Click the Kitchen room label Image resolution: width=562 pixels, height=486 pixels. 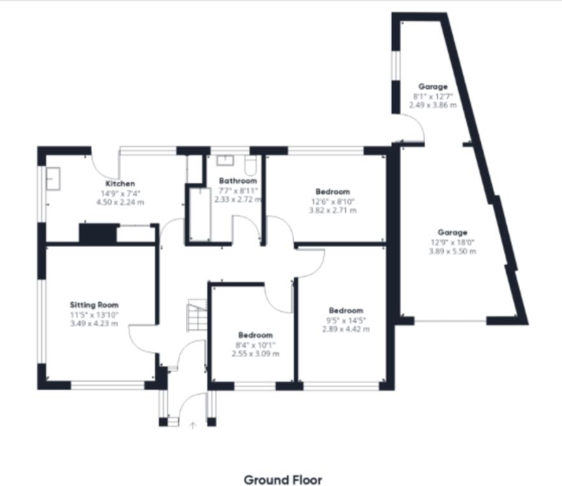click(x=120, y=184)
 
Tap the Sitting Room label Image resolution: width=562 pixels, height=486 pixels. click(x=94, y=305)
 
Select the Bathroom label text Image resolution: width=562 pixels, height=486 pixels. click(x=238, y=180)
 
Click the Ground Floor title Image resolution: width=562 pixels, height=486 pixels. click(x=283, y=480)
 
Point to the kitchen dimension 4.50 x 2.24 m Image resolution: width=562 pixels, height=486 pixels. click(x=120, y=202)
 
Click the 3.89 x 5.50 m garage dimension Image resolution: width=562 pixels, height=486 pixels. click(x=452, y=251)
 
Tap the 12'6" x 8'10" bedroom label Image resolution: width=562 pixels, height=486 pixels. click(x=332, y=201)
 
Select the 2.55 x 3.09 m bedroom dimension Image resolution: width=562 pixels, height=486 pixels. click(x=255, y=353)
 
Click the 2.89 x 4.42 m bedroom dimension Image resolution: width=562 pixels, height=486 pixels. click(x=346, y=329)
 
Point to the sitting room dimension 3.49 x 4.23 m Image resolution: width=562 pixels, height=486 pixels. click(x=94, y=323)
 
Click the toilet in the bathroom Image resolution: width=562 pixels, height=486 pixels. click(x=250, y=165)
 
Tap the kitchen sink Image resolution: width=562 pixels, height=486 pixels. click(x=52, y=179)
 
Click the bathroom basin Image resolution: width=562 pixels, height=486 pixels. click(x=226, y=160)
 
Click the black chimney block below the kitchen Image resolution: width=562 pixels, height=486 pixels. click(x=97, y=233)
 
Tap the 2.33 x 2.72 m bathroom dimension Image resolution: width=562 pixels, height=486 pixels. click(x=238, y=199)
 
